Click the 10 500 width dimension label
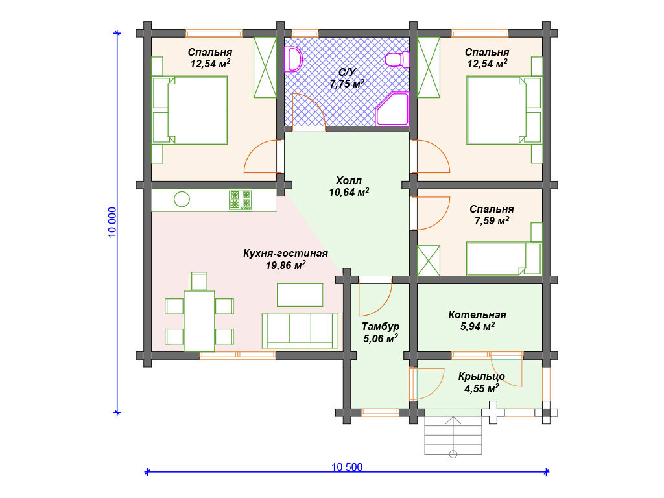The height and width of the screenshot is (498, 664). [347, 467]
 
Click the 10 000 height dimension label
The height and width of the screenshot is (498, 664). [112, 222]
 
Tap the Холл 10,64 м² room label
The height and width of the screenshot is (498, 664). [349, 186]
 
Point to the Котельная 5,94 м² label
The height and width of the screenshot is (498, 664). [477, 320]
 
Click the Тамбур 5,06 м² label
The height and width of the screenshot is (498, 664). [381, 333]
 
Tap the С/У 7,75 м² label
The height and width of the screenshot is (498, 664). [347, 78]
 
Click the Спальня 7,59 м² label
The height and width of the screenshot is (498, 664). [492, 215]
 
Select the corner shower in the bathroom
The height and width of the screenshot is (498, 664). [392, 109]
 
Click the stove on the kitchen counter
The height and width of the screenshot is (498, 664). [241, 200]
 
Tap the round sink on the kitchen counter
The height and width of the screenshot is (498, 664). [182, 199]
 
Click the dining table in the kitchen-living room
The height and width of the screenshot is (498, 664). [199, 321]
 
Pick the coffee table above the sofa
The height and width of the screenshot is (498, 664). [300, 295]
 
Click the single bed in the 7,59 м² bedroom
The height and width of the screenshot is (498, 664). [504, 259]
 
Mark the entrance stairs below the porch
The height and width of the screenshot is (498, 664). [453, 435]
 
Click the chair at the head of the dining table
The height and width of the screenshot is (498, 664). [199, 281]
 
